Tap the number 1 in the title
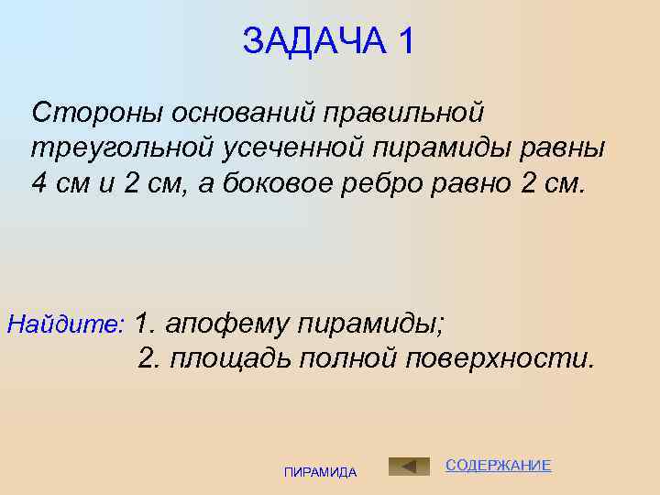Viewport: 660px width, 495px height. (x=405, y=41)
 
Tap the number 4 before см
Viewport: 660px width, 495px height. (x=39, y=182)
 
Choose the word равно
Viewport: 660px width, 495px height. (x=467, y=182)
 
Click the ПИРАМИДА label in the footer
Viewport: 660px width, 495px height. (x=321, y=472)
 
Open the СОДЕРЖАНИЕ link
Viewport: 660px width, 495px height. (x=498, y=466)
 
